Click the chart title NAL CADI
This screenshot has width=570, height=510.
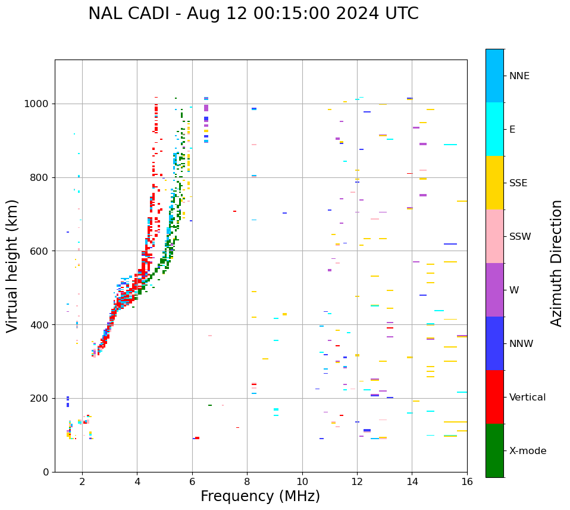253,14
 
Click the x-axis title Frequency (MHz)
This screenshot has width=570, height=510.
260,496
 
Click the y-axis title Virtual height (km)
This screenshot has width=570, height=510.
12,265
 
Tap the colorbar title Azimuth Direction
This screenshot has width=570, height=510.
556,263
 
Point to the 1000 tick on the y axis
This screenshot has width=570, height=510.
39,104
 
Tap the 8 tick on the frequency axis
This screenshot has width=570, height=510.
247,481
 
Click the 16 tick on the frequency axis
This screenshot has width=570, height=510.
467,481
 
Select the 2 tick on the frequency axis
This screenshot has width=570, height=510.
82,481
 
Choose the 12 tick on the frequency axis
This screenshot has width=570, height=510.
357,481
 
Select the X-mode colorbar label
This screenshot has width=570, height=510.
527,451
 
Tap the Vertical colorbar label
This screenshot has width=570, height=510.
527,398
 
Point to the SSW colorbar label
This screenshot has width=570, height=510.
520,237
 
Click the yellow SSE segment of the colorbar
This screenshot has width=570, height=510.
494,183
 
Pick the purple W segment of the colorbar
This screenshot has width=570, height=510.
494,290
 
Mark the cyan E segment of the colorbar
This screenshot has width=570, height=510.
494,129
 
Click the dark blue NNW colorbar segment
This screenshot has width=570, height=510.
494,343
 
